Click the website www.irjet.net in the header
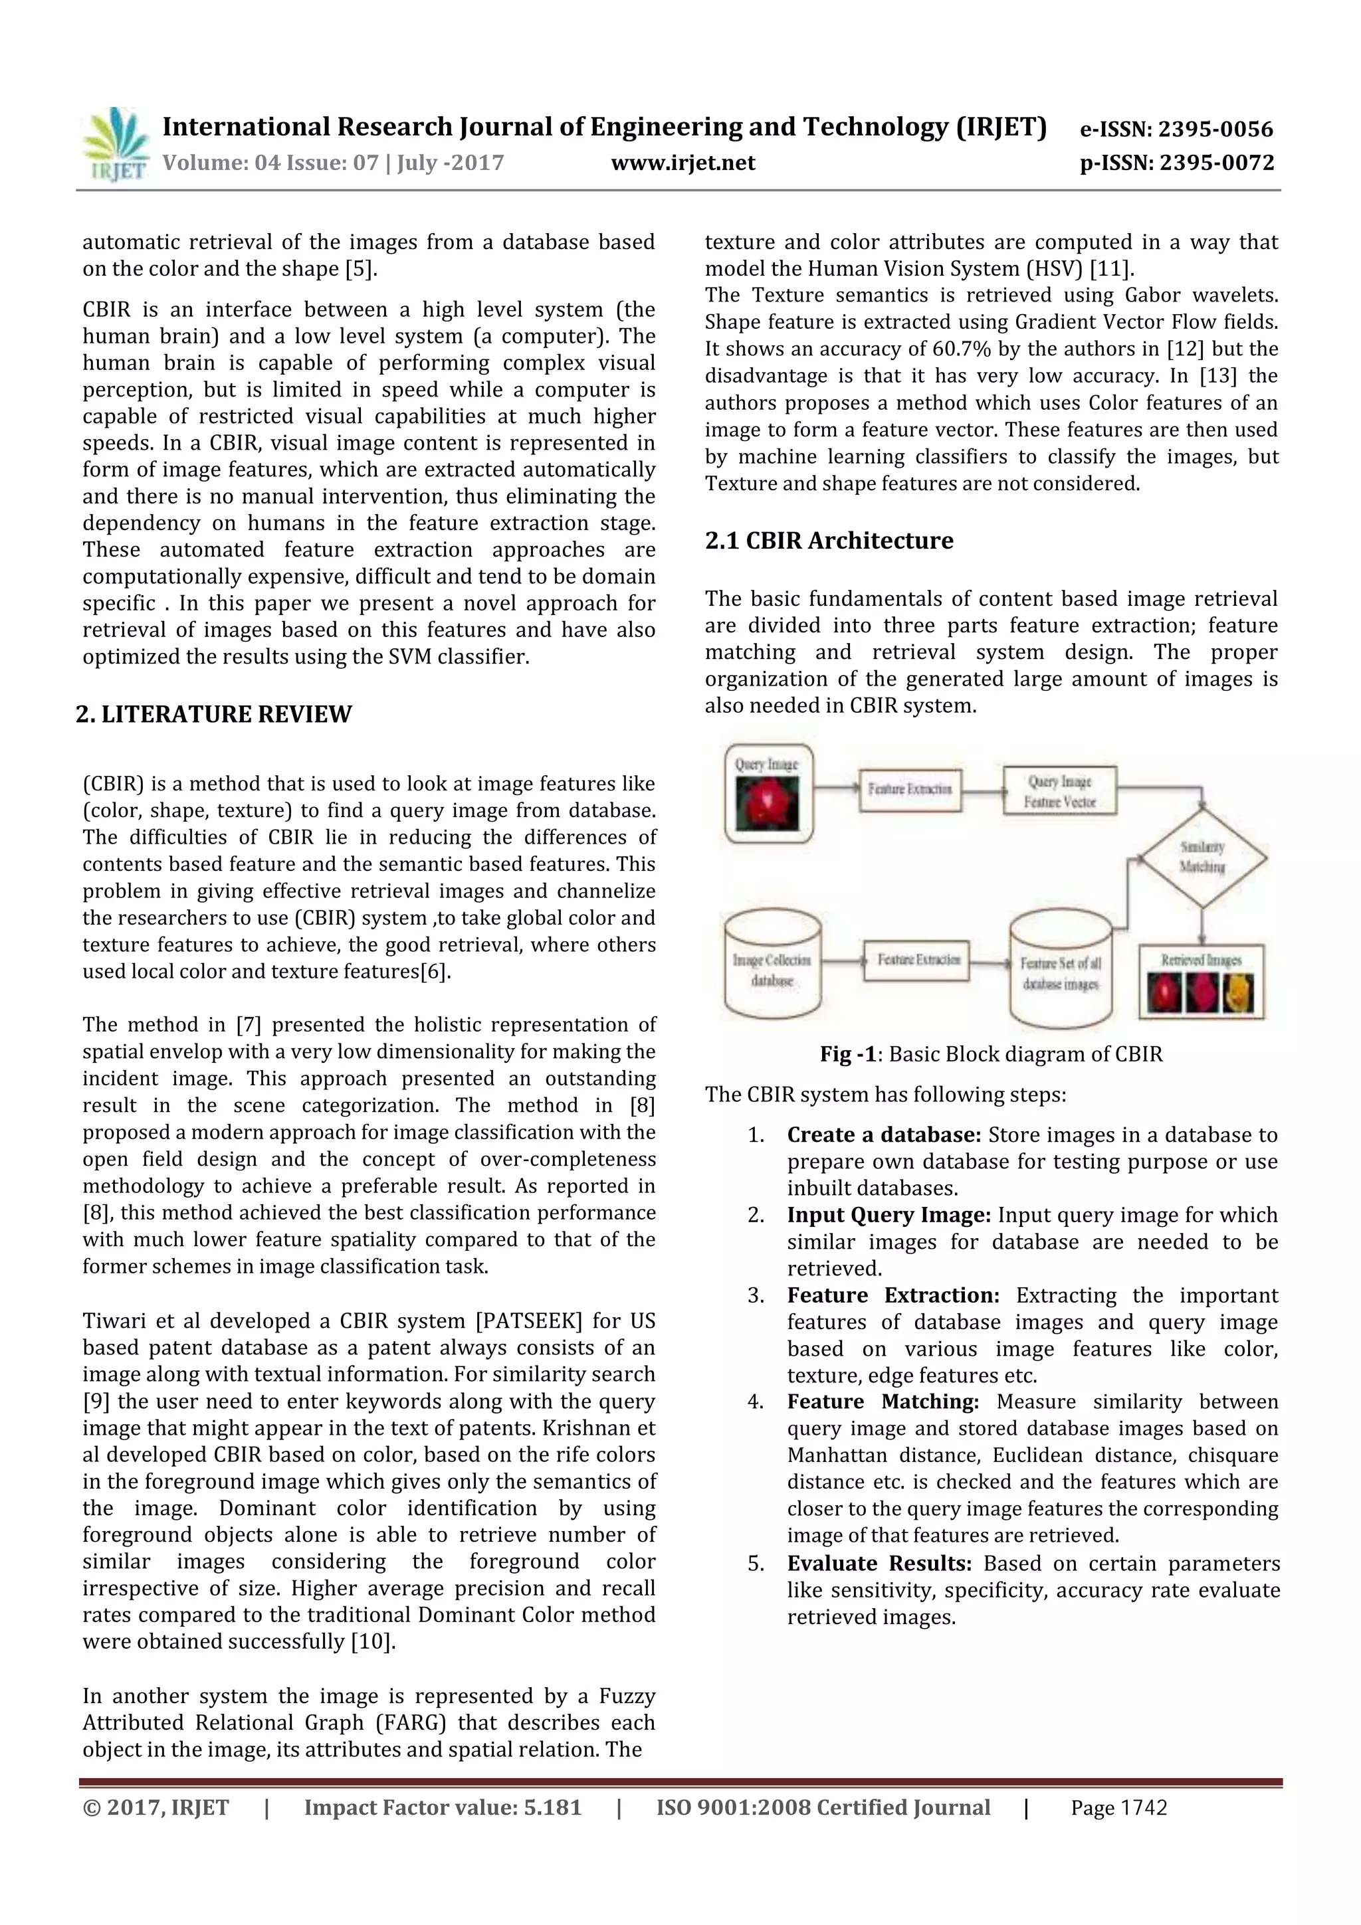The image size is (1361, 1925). [x=682, y=163]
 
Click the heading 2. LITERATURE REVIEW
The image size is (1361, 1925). [x=214, y=714]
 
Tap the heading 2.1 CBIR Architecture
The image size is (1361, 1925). [x=829, y=541]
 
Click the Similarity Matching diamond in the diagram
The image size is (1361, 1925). [x=1203, y=858]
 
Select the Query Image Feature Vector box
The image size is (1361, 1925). [x=1060, y=792]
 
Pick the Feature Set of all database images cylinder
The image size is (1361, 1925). [x=1060, y=972]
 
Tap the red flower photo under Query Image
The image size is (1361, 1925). [x=766, y=803]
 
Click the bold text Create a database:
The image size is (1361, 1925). [x=884, y=1135]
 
